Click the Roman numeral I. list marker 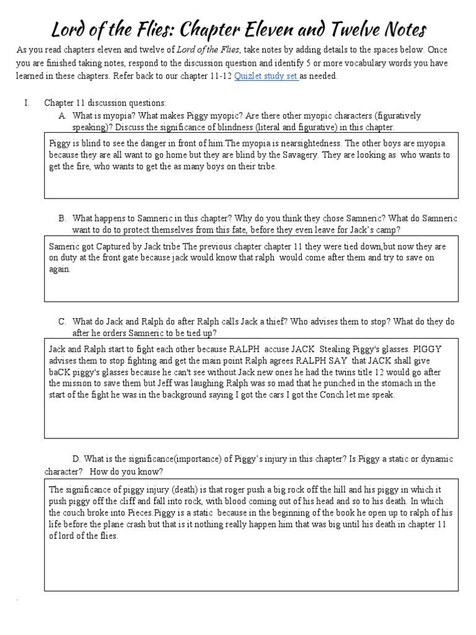[27, 102]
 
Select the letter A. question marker [62, 115]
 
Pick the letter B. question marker [62, 218]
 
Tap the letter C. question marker [62, 321]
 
